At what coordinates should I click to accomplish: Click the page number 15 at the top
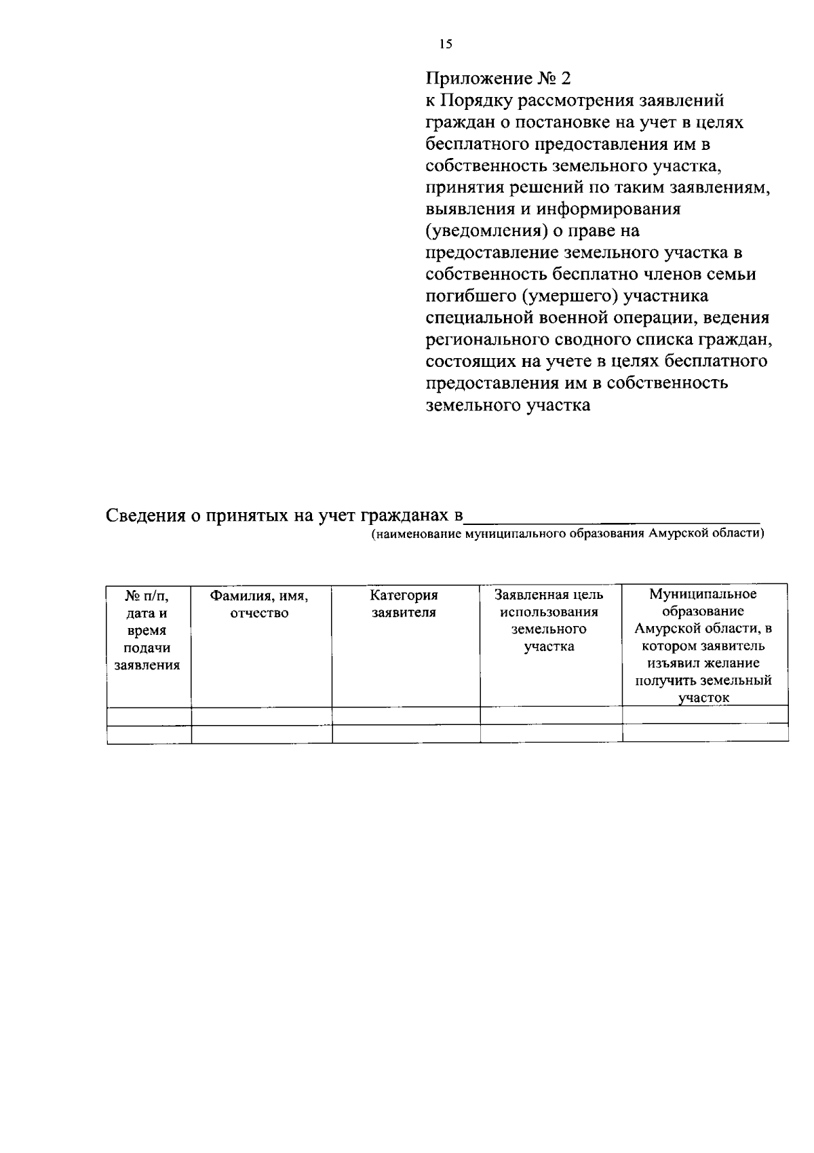click(445, 45)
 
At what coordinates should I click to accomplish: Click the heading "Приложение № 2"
click(498, 79)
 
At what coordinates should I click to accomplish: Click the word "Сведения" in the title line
click(145, 516)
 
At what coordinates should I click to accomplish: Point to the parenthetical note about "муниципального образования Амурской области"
click(567, 534)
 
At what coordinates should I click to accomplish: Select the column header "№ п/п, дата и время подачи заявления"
click(148, 630)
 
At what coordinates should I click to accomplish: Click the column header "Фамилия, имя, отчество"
click(259, 604)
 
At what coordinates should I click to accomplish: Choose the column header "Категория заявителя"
click(404, 604)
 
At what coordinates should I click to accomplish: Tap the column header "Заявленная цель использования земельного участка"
click(549, 621)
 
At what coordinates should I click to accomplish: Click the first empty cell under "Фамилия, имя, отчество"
click(261, 716)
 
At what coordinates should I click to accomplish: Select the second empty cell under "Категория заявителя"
click(406, 734)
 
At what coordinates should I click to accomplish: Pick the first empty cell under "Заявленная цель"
click(551, 716)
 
